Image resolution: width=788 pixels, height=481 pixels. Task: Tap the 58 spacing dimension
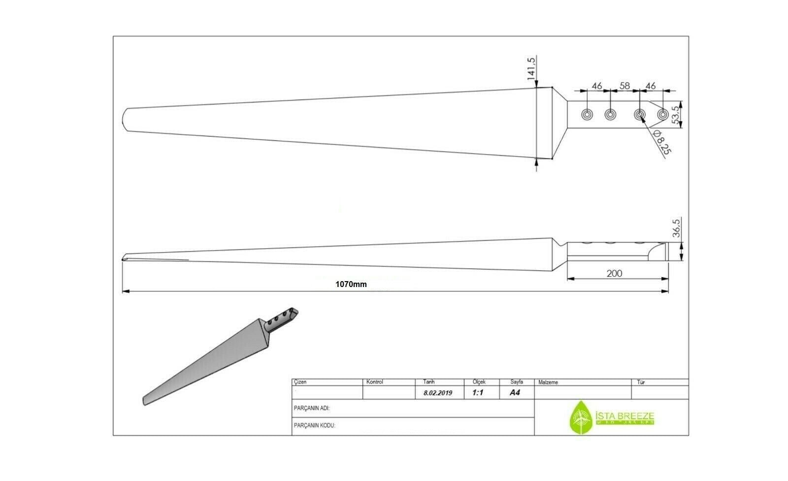pyautogui.click(x=624, y=86)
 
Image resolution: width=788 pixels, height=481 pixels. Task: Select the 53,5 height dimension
pyautogui.click(x=676, y=114)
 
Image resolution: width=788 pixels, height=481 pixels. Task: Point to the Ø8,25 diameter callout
pyautogui.click(x=660, y=143)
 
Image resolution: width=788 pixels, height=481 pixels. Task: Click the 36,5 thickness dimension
pyautogui.click(x=676, y=228)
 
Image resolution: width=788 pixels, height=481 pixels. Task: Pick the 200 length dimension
pyautogui.click(x=614, y=273)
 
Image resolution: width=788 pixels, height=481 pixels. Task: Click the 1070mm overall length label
pyautogui.click(x=351, y=284)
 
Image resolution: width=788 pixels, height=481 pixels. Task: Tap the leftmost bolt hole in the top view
pyautogui.click(x=587, y=115)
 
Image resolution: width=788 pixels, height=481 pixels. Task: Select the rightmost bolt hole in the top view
pyautogui.click(x=663, y=115)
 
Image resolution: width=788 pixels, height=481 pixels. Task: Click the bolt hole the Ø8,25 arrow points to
pyautogui.click(x=639, y=115)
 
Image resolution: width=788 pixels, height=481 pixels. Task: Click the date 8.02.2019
pyautogui.click(x=437, y=393)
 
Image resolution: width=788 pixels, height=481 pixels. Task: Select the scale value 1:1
pyautogui.click(x=478, y=393)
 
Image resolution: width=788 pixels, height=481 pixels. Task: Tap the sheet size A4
pyautogui.click(x=515, y=392)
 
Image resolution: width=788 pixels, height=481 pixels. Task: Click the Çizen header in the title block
pyautogui.click(x=300, y=382)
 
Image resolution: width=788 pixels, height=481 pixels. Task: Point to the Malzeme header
pyautogui.click(x=548, y=382)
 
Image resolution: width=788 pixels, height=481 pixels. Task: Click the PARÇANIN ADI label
pyautogui.click(x=311, y=408)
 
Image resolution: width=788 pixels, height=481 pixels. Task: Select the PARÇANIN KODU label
pyautogui.click(x=314, y=425)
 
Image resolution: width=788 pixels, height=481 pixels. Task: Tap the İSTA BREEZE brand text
pyautogui.click(x=624, y=416)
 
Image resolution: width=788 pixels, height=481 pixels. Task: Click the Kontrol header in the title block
pyautogui.click(x=375, y=382)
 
